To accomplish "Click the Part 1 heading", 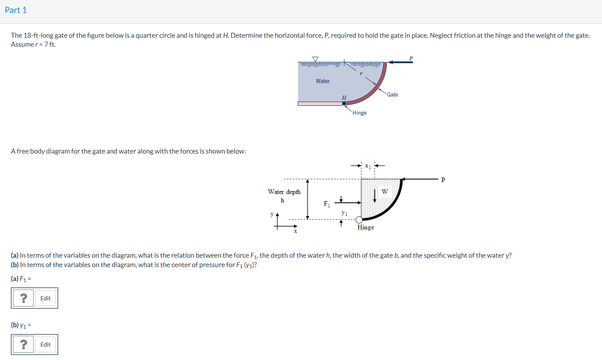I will pos(16,10).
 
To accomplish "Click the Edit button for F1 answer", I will pos(45,298).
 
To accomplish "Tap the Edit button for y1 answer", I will pos(45,344).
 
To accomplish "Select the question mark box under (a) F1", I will pos(24,298).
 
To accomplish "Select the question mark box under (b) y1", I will pos(24,344).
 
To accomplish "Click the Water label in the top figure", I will pos(323,81).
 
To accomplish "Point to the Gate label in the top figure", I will pos(392,95).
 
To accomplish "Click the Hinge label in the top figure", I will pos(359,113).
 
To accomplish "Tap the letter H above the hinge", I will pos(344,97).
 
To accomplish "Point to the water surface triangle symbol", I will pos(315,59).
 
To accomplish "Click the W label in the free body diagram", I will pos(384,192).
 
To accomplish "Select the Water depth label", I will pos(284,192).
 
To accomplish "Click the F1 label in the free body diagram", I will pos(327,204).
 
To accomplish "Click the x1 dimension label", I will pos(368,166).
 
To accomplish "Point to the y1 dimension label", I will pos(344,213).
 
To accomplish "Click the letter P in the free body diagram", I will pos(443,180).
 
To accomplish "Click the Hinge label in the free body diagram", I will pos(366,228).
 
